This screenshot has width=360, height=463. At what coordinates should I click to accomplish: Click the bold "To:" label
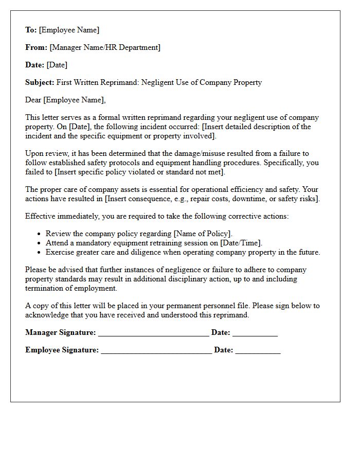point(31,30)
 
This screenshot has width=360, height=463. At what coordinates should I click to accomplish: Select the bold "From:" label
point(36,47)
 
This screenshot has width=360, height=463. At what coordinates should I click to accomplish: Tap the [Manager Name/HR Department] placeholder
point(105,47)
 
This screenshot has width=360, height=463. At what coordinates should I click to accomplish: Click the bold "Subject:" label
point(40,82)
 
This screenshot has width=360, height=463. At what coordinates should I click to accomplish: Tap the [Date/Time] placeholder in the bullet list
point(241,243)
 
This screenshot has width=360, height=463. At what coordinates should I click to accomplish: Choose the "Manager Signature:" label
point(60,333)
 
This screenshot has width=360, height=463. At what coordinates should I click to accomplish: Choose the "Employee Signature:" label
point(62,350)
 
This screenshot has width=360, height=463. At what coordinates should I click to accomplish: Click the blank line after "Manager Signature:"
point(153,334)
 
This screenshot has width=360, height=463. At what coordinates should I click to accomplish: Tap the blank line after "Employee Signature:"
point(156,351)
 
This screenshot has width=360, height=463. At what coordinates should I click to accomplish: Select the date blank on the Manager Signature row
point(255,334)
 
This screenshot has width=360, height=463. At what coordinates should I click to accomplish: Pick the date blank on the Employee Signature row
point(258,351)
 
